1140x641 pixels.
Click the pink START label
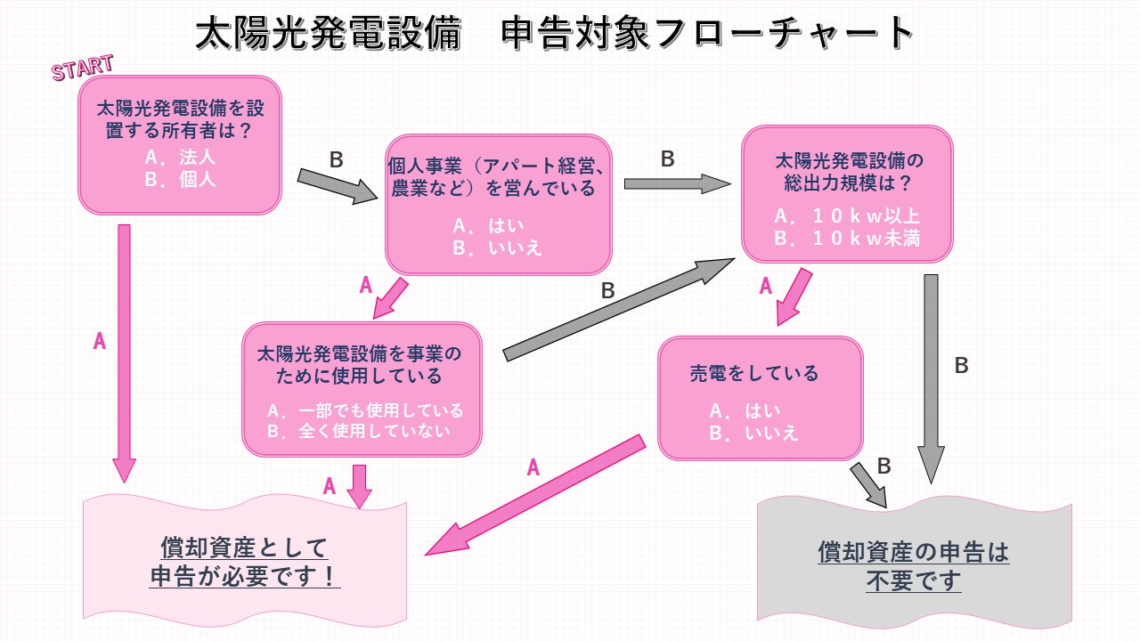click(x=82, y=68)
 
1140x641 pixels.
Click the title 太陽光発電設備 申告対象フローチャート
click(x=555, y=34)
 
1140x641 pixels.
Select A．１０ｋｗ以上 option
click(x=847, y=216)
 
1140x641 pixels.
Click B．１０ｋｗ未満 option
click(x=847, y=239)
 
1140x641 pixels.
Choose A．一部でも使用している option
click(x=365, y=410)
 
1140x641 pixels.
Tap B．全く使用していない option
click(x=359, y=431)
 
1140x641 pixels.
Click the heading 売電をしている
click(x=754, y=374)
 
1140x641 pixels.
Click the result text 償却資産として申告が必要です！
click(x=245, y=562)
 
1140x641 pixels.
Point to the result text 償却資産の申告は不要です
click(x=914, y=566)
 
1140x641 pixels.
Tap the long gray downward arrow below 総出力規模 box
click(x=932, y=374)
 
